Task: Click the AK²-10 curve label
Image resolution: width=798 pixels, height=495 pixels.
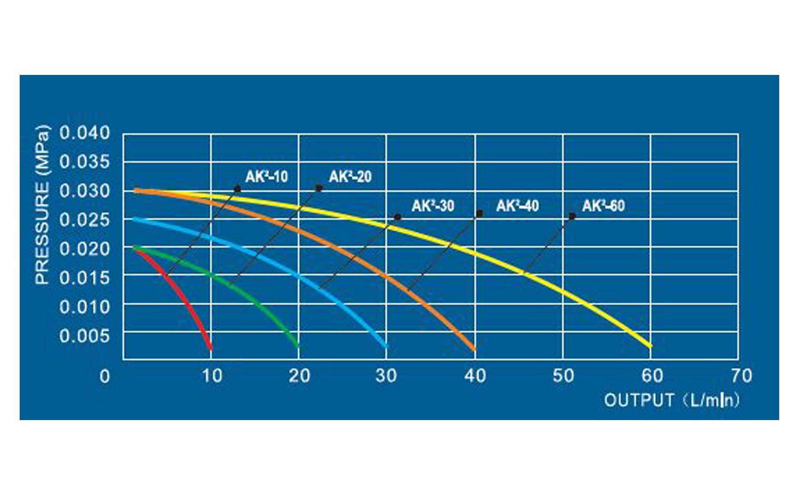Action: (x=266, y=176)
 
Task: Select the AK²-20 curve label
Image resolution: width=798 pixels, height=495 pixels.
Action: (x=350, y=176)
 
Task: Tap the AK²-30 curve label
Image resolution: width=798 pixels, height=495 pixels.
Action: (x=433, y=206)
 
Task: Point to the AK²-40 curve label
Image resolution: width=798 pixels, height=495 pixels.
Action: (x=517, y=206)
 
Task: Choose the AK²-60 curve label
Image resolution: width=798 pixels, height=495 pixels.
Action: (x=603, y=206)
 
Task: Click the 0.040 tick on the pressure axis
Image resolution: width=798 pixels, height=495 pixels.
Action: (x=85, y=133)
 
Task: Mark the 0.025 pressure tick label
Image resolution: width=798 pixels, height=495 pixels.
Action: (x=85, y=220)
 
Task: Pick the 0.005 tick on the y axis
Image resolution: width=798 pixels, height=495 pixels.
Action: (x=85, y=336)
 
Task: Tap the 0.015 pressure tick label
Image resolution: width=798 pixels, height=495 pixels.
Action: (x=85, y=278)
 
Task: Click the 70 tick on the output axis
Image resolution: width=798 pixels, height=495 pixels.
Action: (x=742, y=376)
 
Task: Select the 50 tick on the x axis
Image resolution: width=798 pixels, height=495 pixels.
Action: (x=563, y=376)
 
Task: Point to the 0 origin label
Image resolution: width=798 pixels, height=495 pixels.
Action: (x=104, y=377)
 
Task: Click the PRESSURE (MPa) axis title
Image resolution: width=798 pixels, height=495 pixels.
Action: (x=42, y=205)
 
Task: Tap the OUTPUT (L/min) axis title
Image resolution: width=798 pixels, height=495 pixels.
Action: (x=671, y=400)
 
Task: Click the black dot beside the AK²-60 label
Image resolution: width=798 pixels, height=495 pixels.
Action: (x=572, y=216)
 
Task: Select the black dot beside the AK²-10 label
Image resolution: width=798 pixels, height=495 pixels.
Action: (x=237, y=189)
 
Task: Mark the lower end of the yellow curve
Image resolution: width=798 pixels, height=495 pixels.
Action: (x=650, y=345)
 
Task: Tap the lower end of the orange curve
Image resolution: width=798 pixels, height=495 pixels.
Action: (x=473, y=349)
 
